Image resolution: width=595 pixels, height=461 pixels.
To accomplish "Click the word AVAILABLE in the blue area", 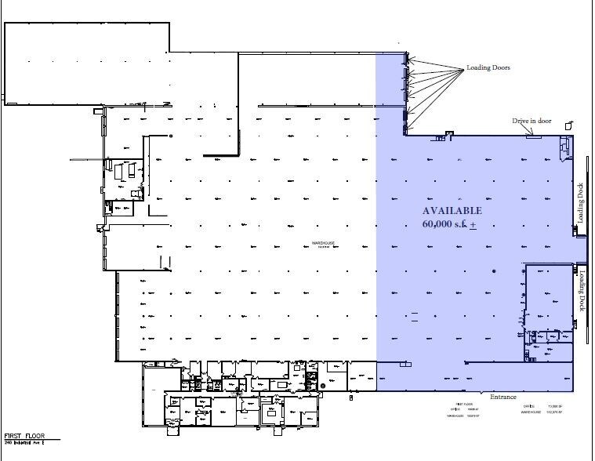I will pos(452,211).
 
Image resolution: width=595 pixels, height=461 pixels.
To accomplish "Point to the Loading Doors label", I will pos(488,68).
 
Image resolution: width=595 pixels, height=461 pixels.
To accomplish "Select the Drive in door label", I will pos(532,120).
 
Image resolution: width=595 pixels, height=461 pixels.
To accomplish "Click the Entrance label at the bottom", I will pos(503,397).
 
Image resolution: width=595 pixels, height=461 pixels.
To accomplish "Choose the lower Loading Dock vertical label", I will pos(582,291).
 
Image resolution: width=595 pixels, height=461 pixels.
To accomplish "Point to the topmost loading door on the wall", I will pos(405,56).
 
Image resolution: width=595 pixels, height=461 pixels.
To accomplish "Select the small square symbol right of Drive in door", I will pos(570,123).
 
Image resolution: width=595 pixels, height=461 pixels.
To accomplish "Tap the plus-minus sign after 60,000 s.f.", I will pos(473,225).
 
